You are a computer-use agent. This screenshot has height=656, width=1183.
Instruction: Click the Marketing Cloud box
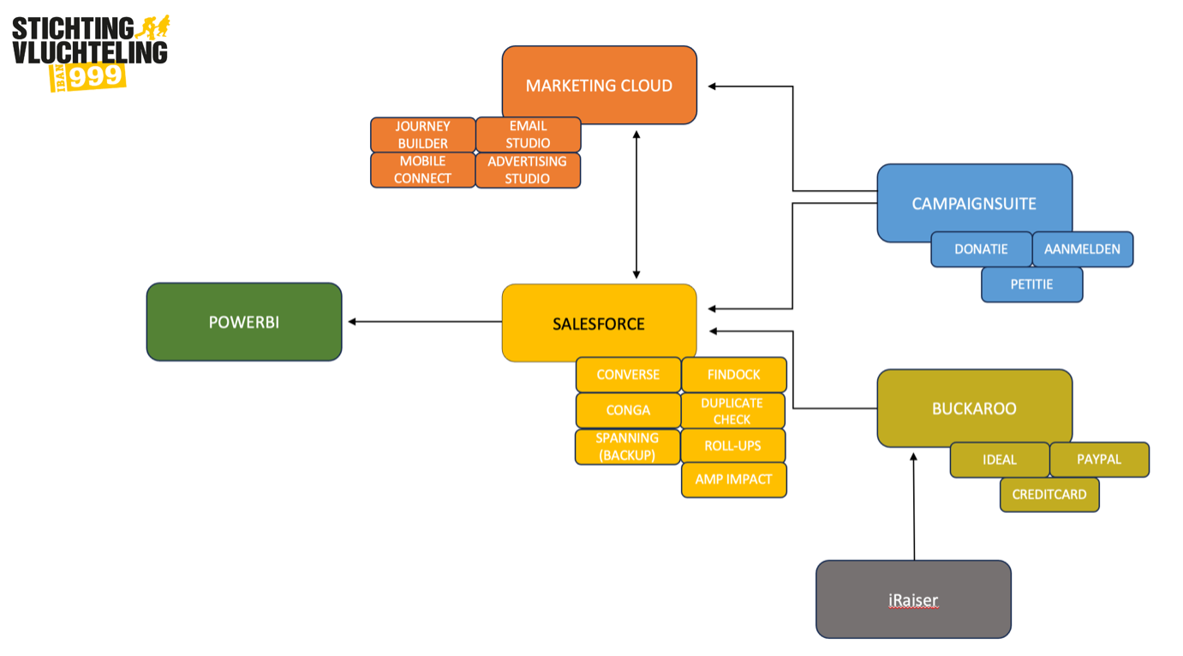pos(599,85)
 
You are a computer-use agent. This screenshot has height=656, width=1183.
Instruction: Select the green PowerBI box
pos(244,322)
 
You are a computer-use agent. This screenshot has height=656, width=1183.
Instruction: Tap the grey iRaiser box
pos(913,599)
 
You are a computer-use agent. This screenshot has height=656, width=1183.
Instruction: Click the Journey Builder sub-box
pos(422,134)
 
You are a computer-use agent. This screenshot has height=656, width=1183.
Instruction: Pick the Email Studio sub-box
pos(528,134)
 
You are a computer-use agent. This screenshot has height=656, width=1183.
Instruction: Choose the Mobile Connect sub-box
pos(422,170)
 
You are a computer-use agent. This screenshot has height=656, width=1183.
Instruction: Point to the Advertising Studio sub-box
pos(528,170)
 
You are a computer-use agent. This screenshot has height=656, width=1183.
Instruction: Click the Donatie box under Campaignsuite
pos(981,249)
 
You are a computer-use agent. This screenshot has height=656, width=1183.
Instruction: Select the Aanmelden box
pos(1082,249)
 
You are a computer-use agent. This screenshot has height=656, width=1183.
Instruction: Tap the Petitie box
pos(1031,284)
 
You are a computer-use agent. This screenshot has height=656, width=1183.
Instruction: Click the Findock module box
pos(733,374)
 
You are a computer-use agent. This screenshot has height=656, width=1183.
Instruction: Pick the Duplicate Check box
pos(733,410)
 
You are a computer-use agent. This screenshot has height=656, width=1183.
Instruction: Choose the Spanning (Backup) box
pos(627,446)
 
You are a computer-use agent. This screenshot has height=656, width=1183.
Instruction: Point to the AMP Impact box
pos(733,480)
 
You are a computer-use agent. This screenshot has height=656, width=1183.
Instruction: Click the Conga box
pos(628,410)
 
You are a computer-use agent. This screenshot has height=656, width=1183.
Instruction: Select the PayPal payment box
pos(1099,459)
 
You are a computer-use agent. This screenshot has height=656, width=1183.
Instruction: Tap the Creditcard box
pos(1049,494)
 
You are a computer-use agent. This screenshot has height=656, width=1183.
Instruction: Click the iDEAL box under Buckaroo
pos(1000,460)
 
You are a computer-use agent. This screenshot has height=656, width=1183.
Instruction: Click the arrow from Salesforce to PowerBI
pos(425,322)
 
